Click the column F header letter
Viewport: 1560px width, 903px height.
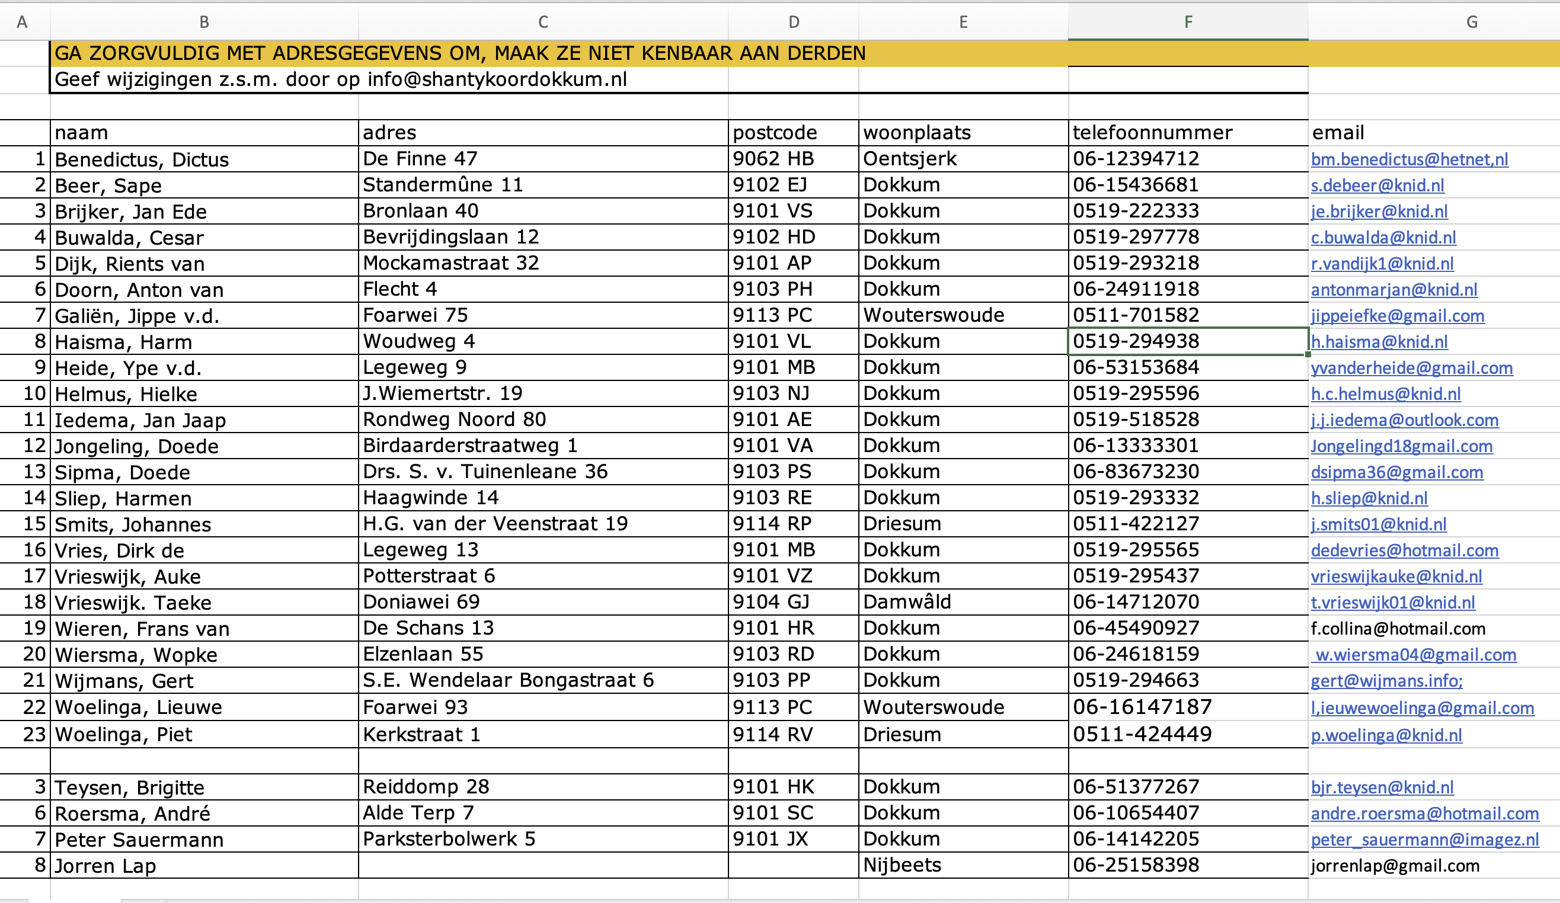1187,23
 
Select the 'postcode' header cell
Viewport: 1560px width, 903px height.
775,133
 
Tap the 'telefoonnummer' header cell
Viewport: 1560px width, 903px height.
1152,133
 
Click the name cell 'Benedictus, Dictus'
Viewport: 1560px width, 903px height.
142,159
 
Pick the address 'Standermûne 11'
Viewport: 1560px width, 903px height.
443,185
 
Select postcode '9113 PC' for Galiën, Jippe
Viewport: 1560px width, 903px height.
772,315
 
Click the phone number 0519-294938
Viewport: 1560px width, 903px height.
1136,341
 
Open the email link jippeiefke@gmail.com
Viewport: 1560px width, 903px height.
1397,316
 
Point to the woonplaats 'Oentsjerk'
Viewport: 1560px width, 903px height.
909,159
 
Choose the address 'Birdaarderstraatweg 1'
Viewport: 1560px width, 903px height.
470,446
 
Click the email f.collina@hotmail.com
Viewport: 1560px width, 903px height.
1398,629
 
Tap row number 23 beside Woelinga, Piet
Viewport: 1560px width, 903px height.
34,735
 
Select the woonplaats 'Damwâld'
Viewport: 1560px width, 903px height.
907,601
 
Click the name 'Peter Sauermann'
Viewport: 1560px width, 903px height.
139,840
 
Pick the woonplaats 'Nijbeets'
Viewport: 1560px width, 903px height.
902,865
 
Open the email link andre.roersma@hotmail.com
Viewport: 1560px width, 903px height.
1424,814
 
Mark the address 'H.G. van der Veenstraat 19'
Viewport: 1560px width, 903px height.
496,524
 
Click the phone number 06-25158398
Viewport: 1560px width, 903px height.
1136,865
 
